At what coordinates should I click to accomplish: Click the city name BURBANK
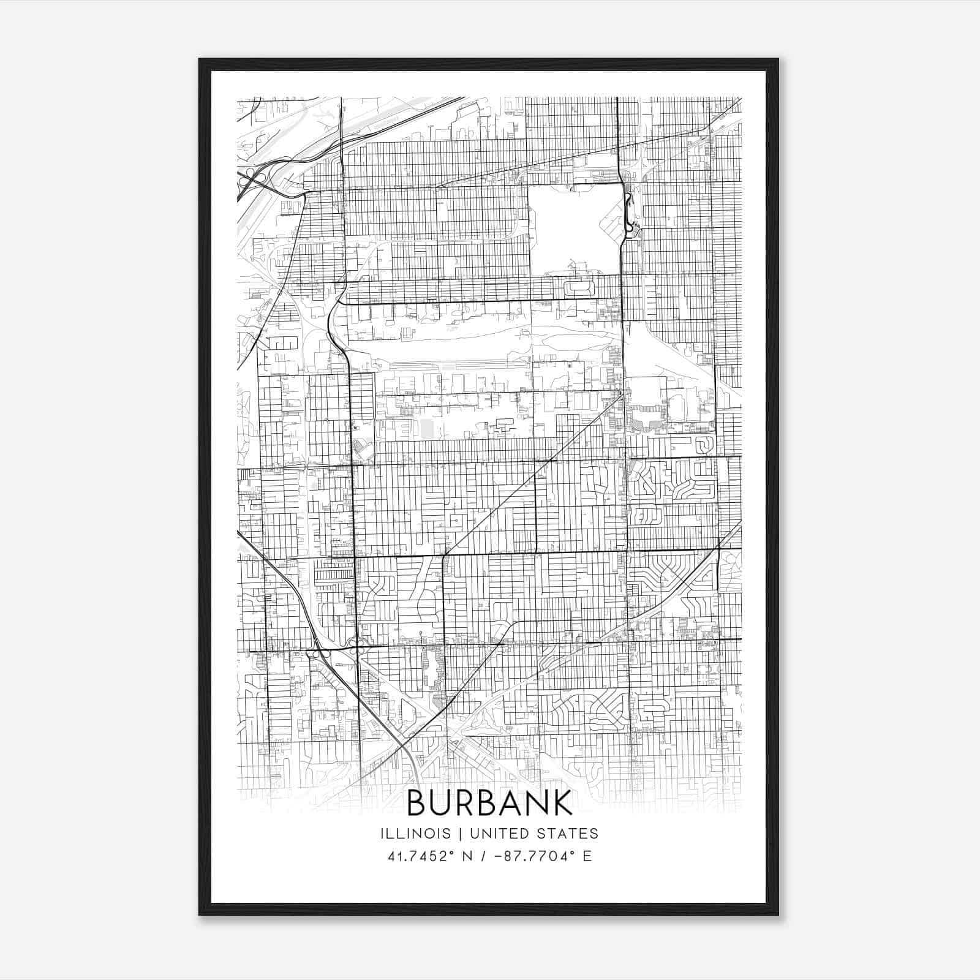click(489, 803)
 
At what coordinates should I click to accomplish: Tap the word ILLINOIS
click(415, 834)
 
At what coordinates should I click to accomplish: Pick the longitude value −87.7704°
click(531, 856)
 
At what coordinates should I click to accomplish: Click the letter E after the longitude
click(587, 856)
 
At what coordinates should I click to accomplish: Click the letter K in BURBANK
click(561, 803)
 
